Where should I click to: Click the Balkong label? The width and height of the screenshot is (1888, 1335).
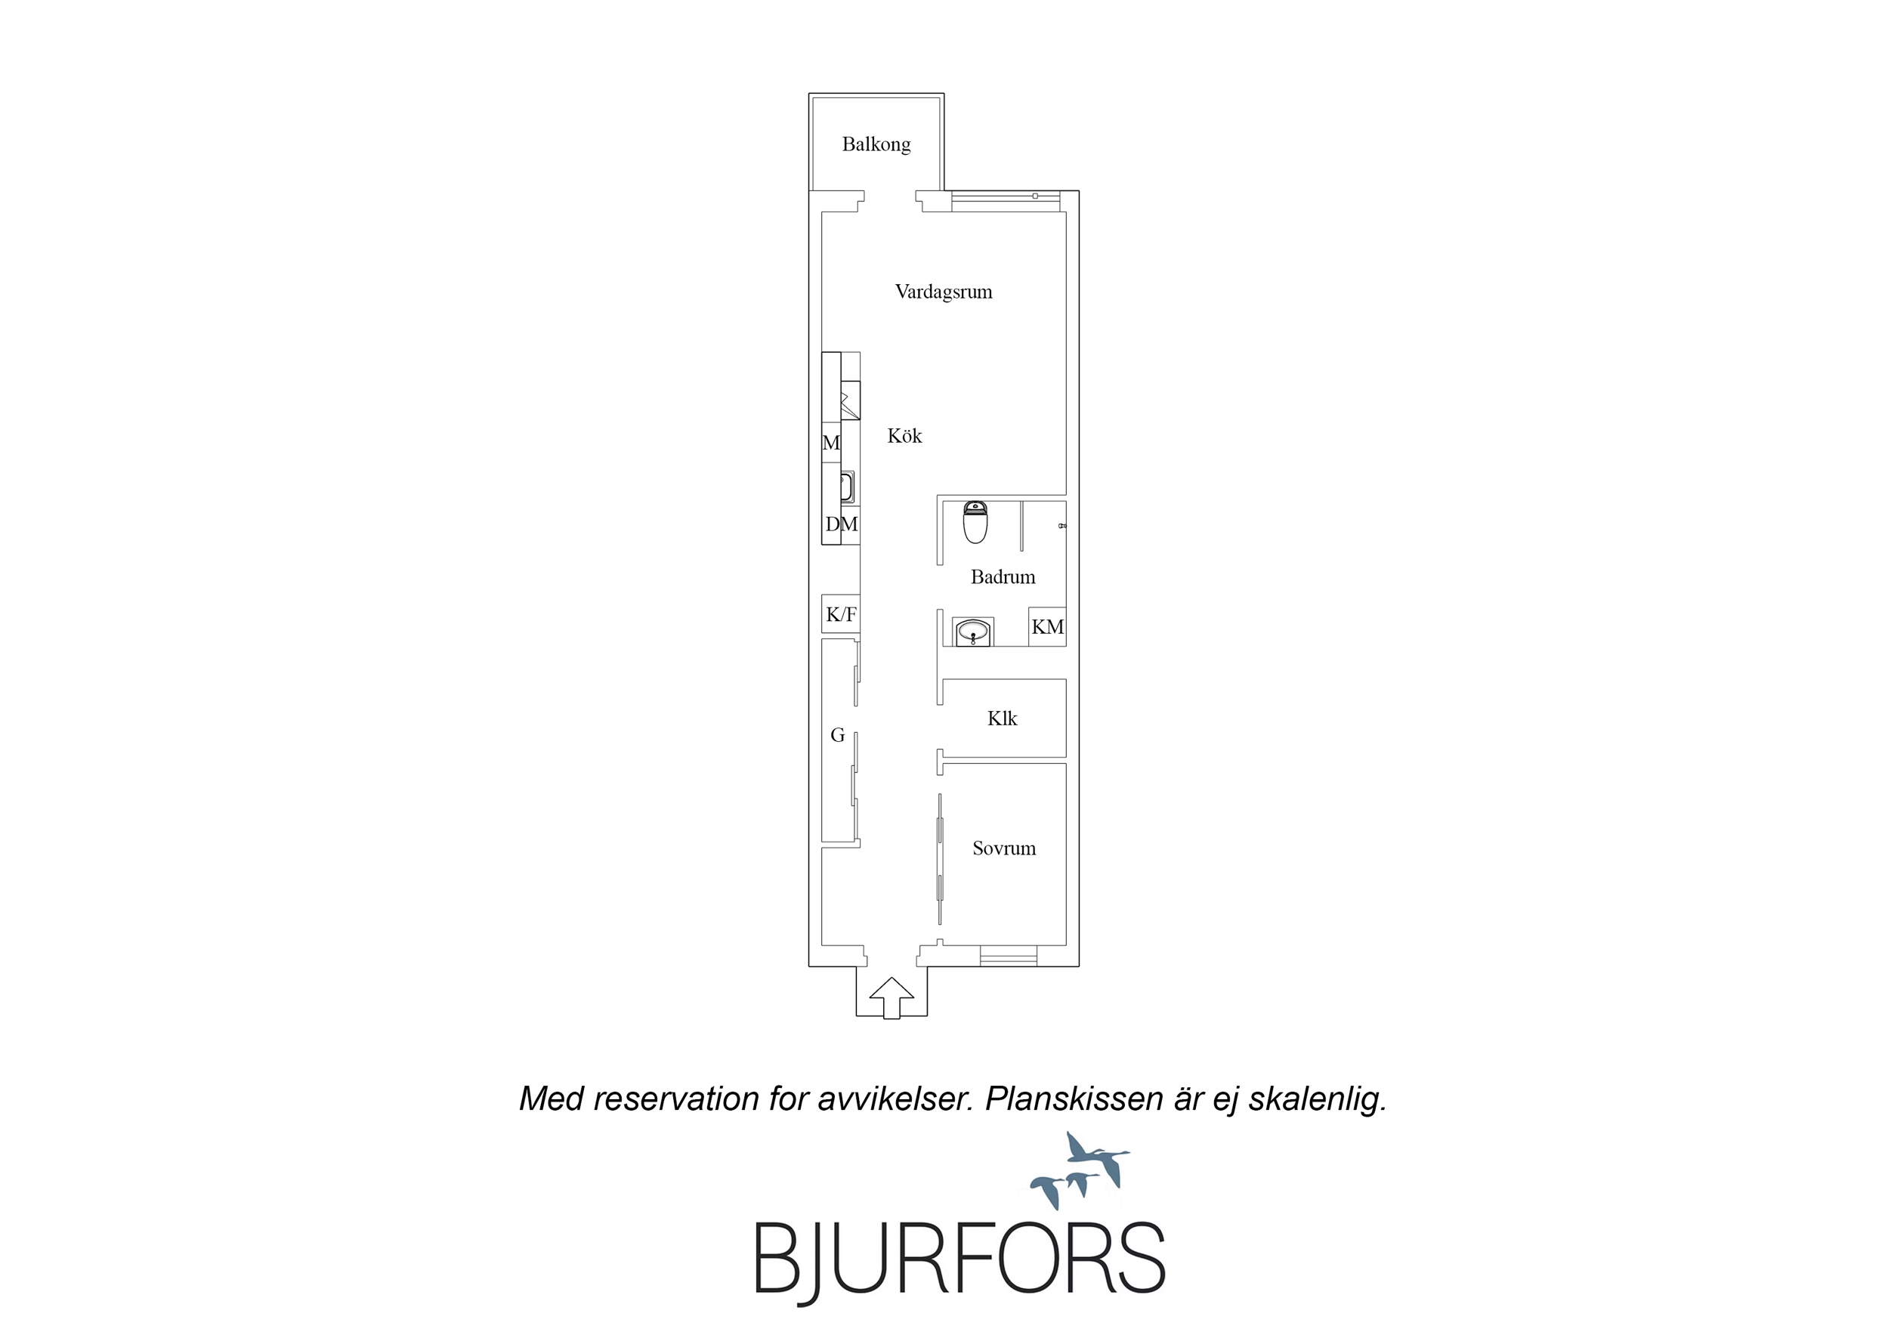coord(876,145)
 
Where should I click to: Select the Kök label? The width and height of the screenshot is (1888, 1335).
coord(904,436)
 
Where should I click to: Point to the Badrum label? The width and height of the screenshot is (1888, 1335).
coord(1003,576)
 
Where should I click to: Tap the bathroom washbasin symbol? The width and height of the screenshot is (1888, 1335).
coord(973,632)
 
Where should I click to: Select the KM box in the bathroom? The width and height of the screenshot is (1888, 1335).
coord(1047,627)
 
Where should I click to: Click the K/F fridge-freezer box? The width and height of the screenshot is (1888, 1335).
coord(841,613)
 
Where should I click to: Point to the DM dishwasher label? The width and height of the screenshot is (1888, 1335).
coord(841,524)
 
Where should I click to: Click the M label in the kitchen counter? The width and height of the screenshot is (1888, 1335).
coord(831,443)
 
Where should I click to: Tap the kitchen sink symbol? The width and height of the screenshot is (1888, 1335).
coord(847,487)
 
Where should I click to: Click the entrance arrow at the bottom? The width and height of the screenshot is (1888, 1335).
coord(891,998)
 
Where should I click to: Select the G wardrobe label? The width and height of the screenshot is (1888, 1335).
coord(837,735)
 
